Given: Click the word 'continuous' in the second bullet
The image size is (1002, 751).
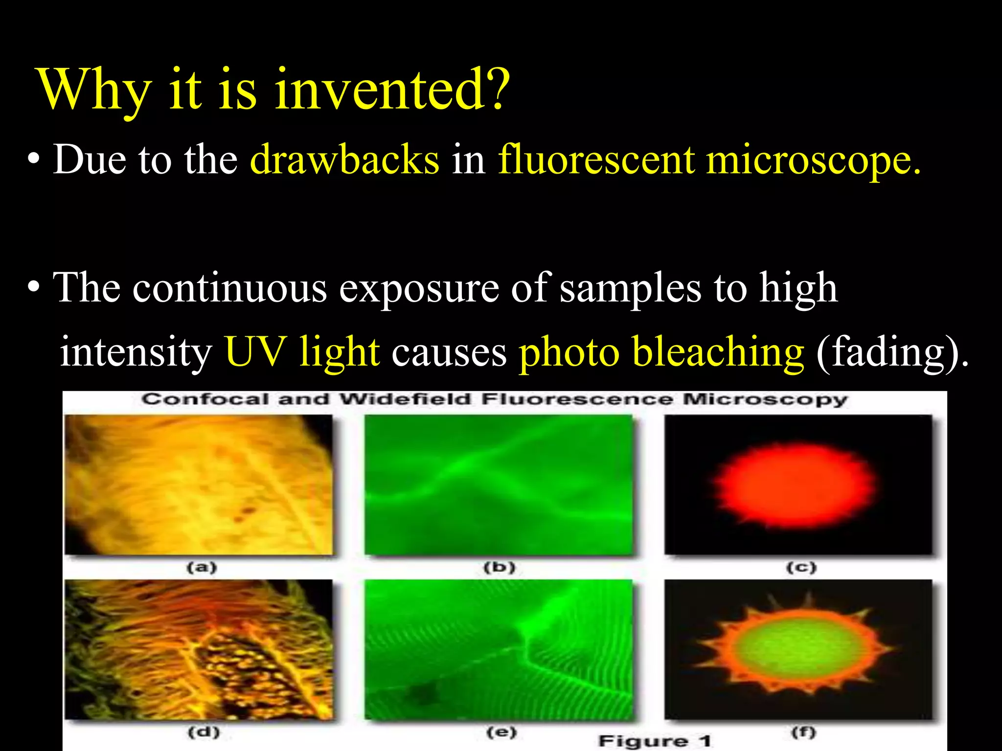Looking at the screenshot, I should [229, 288].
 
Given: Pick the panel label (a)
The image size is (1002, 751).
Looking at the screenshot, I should [202, 568].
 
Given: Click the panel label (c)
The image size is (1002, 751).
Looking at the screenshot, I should [801, 568].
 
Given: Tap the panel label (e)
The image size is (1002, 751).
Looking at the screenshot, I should [501, 732].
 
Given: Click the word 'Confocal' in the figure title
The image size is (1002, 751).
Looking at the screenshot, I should [205, 399].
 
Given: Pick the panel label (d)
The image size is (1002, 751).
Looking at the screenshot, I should [204, 732].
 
